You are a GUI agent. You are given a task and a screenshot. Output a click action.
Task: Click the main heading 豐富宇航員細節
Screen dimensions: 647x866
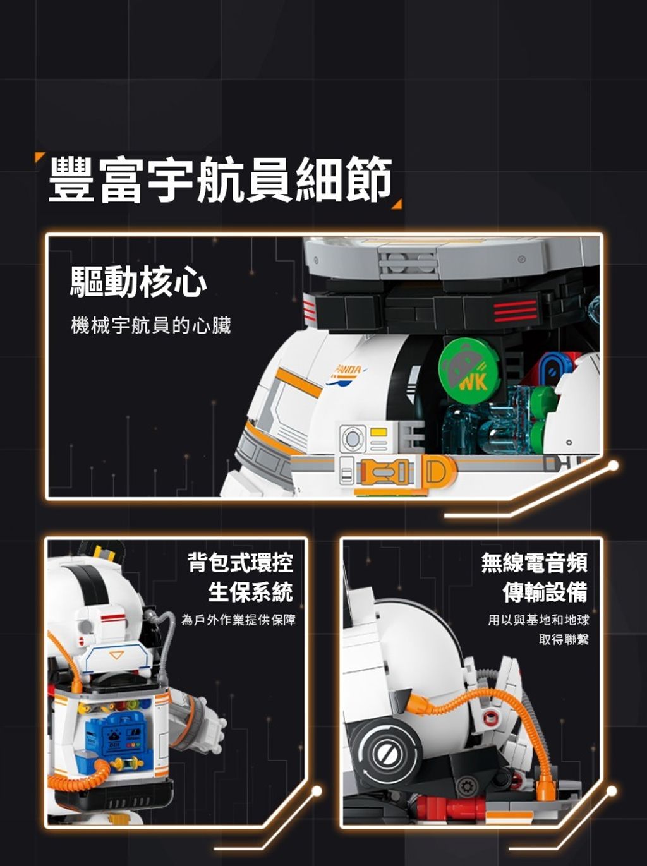pyautogui.click(x=220, y=179)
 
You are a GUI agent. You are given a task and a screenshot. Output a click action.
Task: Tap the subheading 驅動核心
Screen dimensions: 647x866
pyautogui.click(x=138, y=282)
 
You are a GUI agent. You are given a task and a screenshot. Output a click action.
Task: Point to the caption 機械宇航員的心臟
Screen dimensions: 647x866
pyautogui.click(x=151, y=326)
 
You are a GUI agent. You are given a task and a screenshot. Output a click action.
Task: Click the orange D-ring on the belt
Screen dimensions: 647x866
pyautogui.click(x=437, y=471)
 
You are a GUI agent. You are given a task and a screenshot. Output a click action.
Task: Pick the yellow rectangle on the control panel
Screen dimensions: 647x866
pyautogui.click(x=378, y=431)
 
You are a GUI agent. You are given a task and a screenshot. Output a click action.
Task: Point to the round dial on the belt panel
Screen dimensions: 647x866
pyautogui.click(x=352, y=438)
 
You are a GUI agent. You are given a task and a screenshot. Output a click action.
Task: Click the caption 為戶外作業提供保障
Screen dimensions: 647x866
pyautogui.click(x=238, y=620)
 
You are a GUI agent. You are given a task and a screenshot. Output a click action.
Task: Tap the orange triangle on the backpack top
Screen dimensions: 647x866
pyautogui.click(x=116, y=655)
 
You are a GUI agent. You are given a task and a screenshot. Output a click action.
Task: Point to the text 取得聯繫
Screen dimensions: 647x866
pyautogui.click(x=564, y=639)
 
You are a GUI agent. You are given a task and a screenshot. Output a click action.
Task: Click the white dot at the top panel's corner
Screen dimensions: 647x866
pyautogui.click(x=613, y=466)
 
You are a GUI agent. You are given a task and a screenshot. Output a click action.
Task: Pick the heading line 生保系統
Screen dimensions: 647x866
pyautogui.click(x=250, y=592)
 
